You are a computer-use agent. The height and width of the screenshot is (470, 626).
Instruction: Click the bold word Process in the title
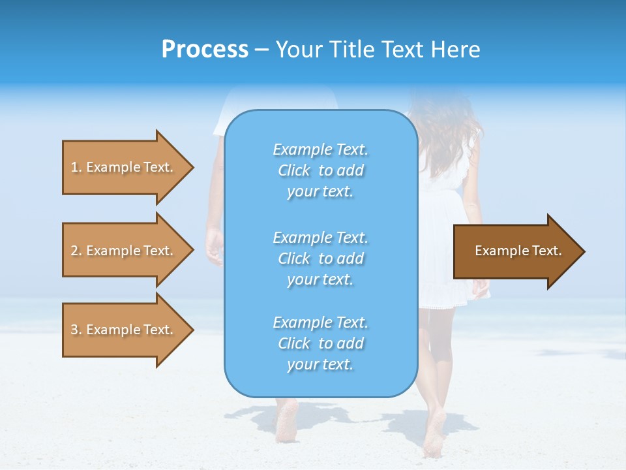click(205, 50)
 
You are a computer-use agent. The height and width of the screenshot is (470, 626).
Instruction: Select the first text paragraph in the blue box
click(320, 170)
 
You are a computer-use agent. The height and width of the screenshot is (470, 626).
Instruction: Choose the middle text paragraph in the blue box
click(320, 258)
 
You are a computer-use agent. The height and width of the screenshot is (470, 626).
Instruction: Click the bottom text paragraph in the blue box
click(320, 343)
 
